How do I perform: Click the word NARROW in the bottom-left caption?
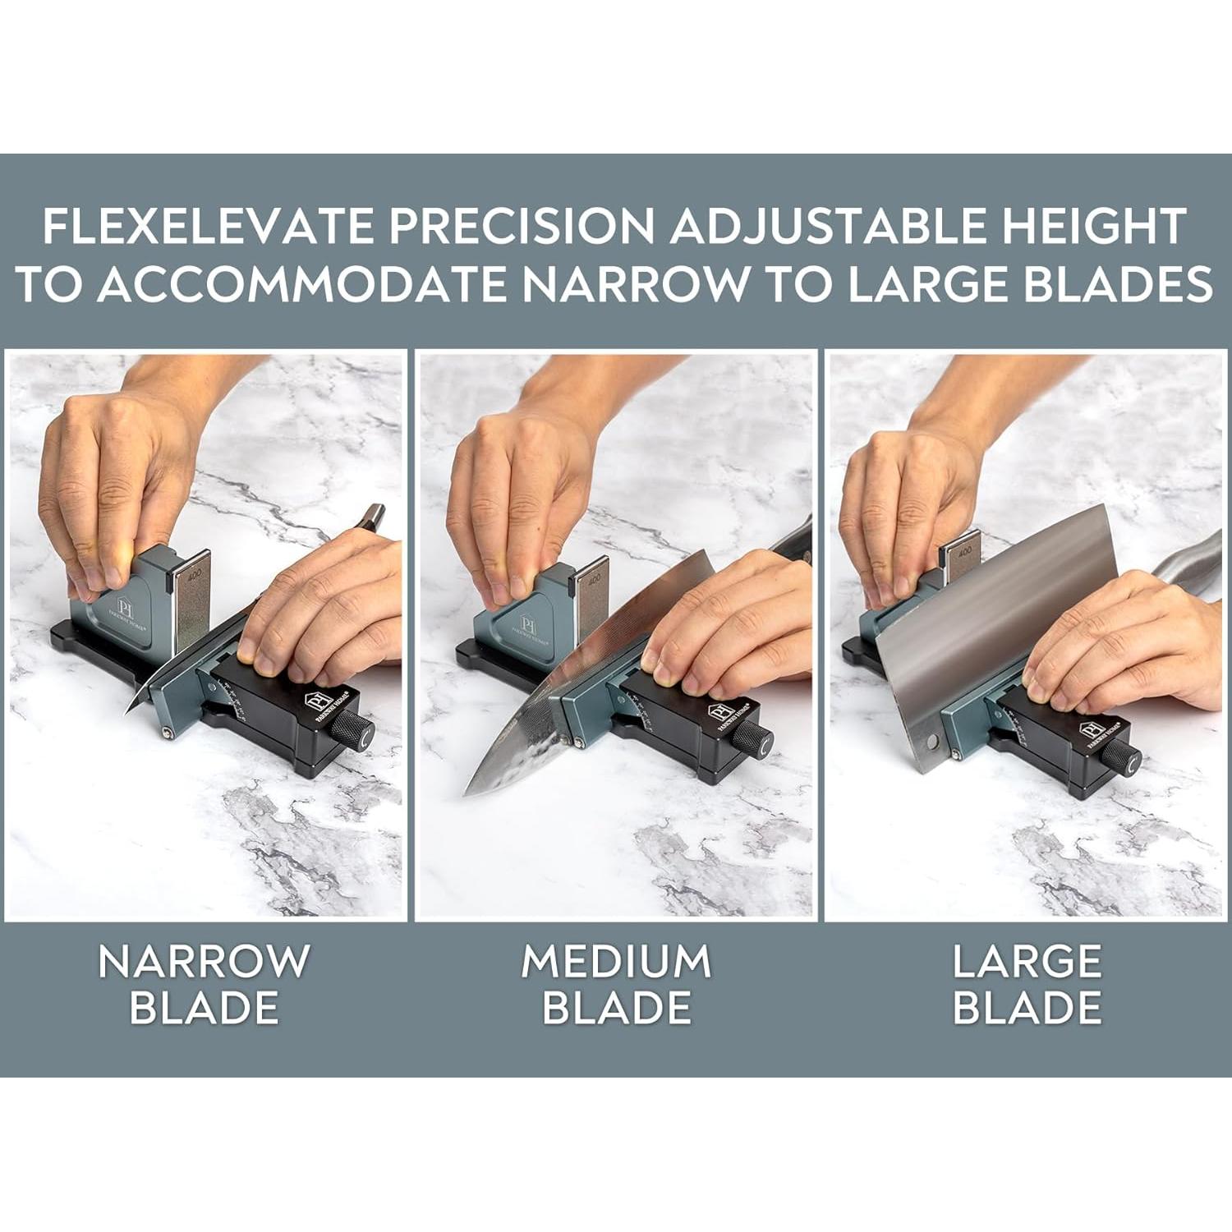[x=204, y=961]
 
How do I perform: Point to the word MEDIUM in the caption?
[x=615, y=961]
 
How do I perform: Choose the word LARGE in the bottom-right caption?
[x=1027, y=961]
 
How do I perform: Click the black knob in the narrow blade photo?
[x=356, y=729]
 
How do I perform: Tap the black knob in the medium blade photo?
[x=752, y=737]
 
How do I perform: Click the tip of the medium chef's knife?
[x=468, y=793]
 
